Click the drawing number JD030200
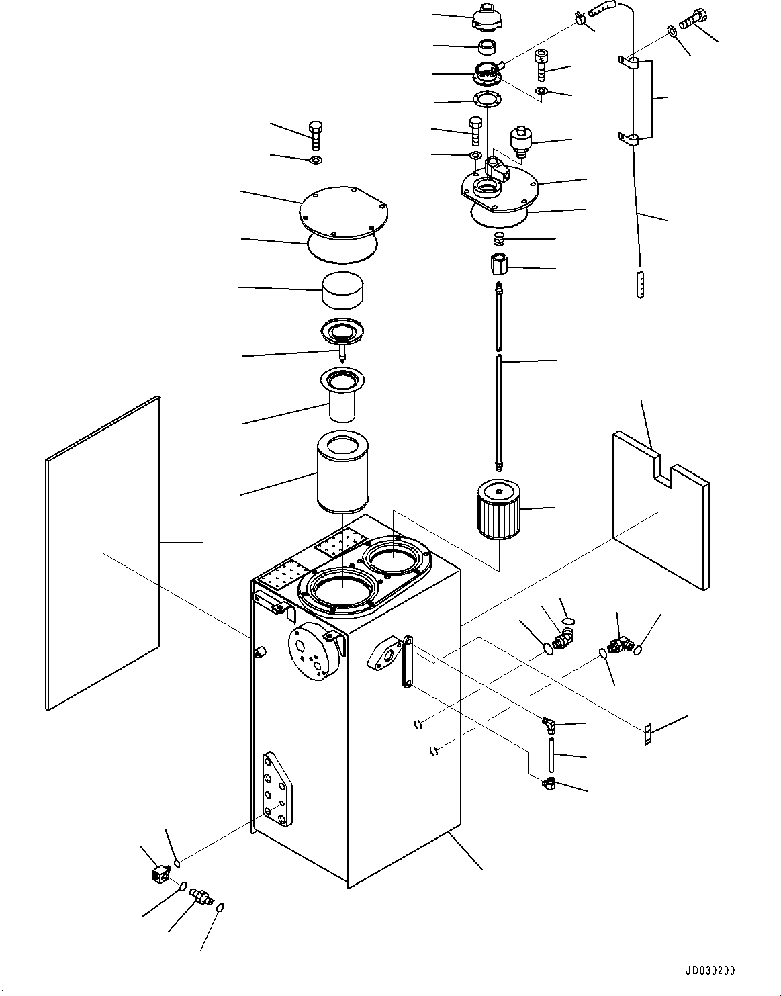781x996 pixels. (x=710, y=970)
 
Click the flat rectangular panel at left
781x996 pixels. (x=102, y=552)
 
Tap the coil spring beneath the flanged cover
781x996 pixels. (x=499, y=238)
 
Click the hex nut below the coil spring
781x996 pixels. (x=499, y=265)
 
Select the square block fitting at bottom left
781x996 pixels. (x=159, y=874)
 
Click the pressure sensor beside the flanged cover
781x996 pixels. (x=520, y=140)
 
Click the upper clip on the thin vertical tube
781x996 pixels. (x=628, y=62)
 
